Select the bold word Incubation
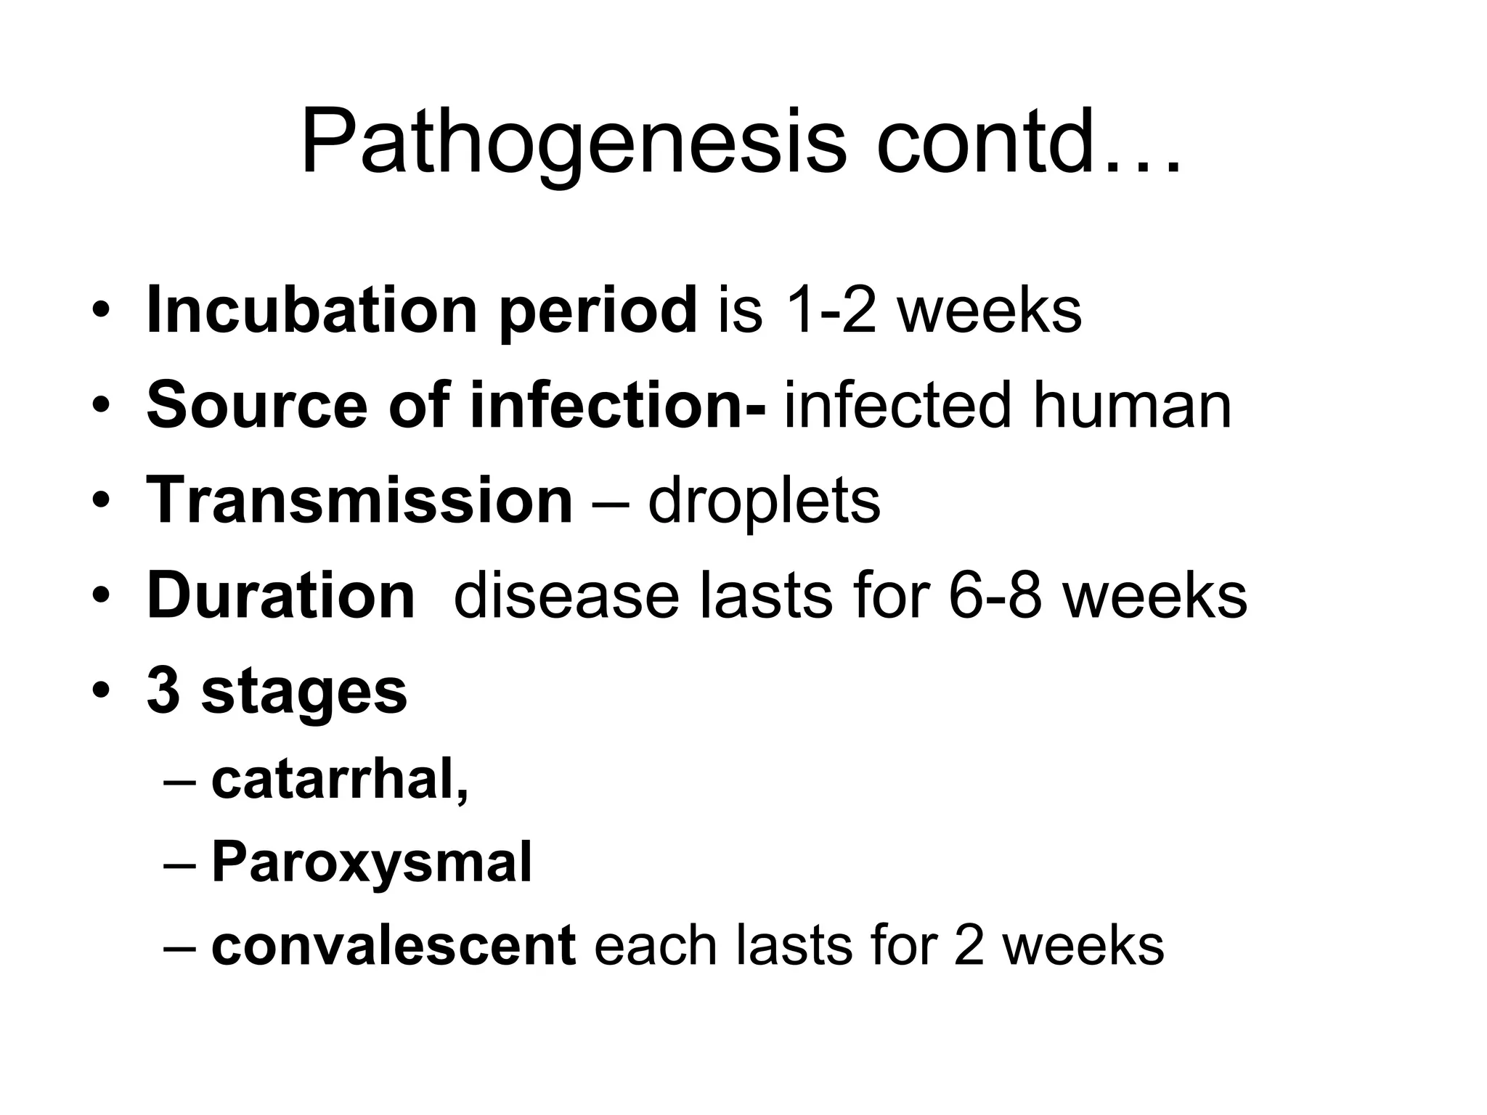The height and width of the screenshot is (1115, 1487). click(311, 311)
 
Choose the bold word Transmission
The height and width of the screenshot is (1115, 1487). click(360, 500)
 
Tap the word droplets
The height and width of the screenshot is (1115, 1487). click(764, 500)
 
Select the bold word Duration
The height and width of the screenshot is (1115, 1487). click(281, 596)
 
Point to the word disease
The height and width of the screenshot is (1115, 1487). click(566, 596)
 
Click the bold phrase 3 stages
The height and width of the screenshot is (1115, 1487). click(277, 691)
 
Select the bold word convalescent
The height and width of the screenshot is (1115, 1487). click(394, 946)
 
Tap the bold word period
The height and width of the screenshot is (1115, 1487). click(598, 311)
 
